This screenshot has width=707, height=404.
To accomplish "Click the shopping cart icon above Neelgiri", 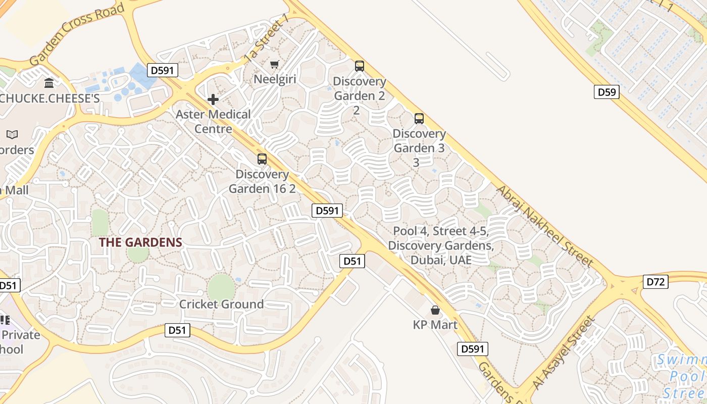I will click(274, 64).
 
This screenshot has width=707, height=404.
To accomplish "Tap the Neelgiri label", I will click(275, 79).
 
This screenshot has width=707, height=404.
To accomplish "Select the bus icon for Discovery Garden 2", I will click(359, 66).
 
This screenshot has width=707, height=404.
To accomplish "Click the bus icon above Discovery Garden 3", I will click(419, 119).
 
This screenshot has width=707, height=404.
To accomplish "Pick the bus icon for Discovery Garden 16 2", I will click(262, 159).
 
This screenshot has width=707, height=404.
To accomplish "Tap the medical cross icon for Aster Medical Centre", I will click(213, 99).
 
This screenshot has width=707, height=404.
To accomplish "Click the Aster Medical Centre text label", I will click(213, 121).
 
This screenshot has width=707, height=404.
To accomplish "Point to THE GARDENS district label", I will click(140, 242).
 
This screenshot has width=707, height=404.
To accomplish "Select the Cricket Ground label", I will click(222, 304).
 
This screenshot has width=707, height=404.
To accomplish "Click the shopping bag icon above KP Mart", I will click(435, 310).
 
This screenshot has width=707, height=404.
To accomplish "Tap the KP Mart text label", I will click(435, 325).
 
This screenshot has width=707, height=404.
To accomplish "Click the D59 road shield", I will click(606, 92).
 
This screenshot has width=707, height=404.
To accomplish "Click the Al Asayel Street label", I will click(564, 353).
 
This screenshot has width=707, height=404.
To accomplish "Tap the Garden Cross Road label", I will click(77, 35).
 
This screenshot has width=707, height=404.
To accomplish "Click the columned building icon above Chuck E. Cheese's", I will click(49, 83).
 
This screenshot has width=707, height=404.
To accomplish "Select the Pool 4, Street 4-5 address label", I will click(441, 245).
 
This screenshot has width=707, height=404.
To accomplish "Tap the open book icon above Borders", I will click(12, 134).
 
